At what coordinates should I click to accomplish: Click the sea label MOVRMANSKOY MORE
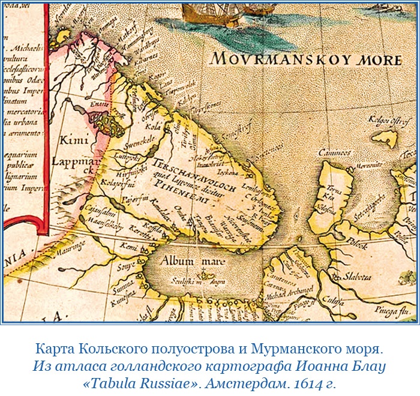point(306,59)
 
